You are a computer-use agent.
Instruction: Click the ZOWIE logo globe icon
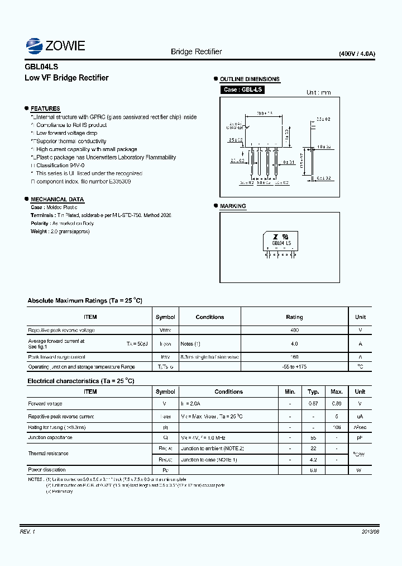pos(35,45)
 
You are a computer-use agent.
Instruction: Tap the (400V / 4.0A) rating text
pos(357,54)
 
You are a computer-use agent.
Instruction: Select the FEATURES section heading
pos(45,109)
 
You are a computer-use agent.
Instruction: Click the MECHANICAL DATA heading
pos(57,199)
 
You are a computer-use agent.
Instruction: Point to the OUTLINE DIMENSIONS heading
pos(250,79)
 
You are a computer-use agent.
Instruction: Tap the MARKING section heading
pos(233,206)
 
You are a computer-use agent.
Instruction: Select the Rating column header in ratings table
pos(294,317)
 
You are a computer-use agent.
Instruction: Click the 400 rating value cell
pos(294,331)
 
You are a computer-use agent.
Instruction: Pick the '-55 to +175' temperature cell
pos(294,367)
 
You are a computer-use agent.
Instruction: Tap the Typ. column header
pos(313,392)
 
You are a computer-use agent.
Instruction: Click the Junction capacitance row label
pos(50,437)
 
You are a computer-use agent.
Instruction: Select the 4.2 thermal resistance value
pos(313,459)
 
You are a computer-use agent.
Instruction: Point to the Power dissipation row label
pos(47,470)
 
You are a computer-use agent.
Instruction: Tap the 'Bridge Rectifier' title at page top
pos(196,51)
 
